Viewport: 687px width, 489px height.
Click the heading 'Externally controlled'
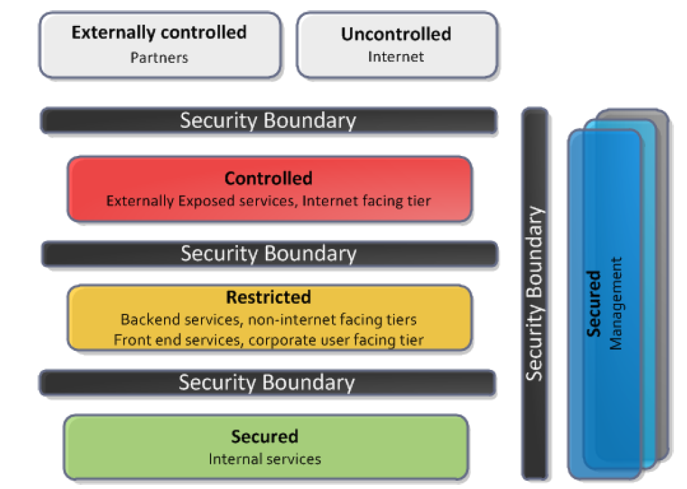tap(159, 32)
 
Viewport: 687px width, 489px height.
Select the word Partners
tap(159, 57)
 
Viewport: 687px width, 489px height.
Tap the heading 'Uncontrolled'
tap(396, 34)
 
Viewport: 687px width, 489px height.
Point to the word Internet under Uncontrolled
tap(396, 57)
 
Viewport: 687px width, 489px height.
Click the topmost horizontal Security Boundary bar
tap(268, 121)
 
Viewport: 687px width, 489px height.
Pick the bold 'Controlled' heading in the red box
tap(268, 179)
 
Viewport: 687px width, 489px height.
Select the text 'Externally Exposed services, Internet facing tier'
tap(268, 200)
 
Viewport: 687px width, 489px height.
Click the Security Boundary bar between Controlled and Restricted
tap(268, 254)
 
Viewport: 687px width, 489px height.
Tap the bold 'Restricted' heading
tap(268, 298)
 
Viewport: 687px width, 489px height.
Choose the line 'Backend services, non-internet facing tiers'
tap(268, 319)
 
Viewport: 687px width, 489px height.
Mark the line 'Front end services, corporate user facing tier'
tap(268, 339)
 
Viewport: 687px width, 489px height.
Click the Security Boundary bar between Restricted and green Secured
tap(267, 382)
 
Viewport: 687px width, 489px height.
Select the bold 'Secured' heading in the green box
tap(265, 436)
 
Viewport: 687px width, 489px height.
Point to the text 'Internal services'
tap(265, 458)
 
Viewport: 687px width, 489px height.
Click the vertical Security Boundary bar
tap(535, 294)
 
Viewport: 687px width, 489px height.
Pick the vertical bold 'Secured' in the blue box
tap(594, 303)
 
